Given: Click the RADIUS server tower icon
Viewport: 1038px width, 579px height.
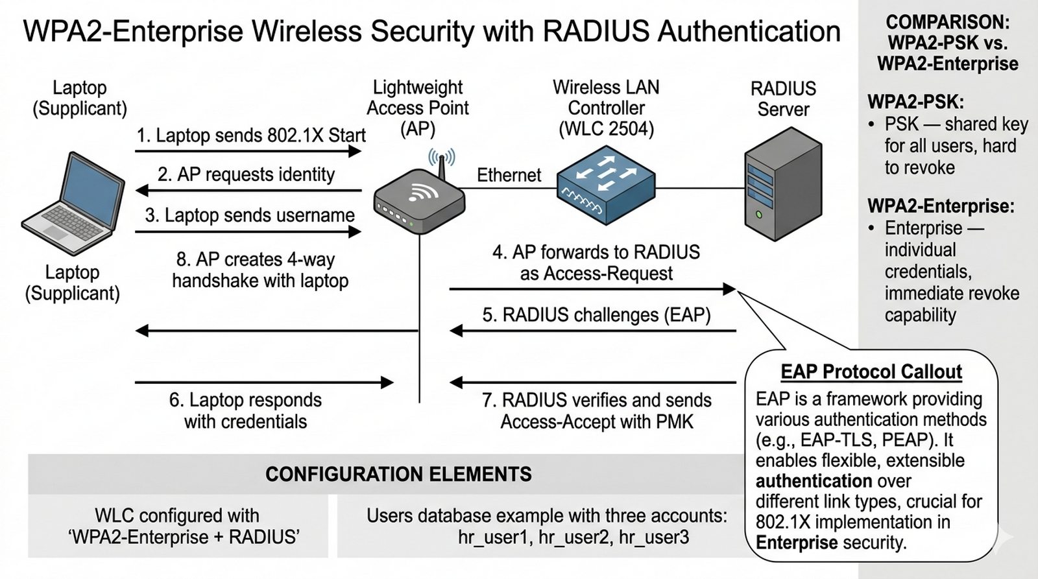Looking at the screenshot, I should click(x=783, y=185).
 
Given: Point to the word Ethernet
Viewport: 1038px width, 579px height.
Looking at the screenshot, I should click(x=509, y=175).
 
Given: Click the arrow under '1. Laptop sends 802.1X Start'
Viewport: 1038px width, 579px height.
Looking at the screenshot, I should click(x=248, y=151).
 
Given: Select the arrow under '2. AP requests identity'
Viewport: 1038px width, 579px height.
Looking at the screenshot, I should click(x=248, y=191).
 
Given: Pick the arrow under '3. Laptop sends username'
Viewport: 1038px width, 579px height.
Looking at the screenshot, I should click(x=248, y=231).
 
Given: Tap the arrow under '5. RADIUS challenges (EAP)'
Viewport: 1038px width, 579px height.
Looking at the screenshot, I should click(x=593, y=331).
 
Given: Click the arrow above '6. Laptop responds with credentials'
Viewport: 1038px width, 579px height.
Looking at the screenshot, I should click(x=264, y=383).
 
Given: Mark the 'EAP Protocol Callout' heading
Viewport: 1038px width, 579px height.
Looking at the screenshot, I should click(x=871, y=372).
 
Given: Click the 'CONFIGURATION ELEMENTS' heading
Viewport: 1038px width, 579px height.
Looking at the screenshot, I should click(x=398, y=475).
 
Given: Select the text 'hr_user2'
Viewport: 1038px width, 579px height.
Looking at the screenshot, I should click(x=573, y=537).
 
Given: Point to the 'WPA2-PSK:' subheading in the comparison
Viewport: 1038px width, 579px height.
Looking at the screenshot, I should click(x=915, y=102).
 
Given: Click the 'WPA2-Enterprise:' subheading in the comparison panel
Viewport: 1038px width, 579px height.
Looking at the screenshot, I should click(x=941, y=206).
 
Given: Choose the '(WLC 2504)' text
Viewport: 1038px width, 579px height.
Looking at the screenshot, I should click(x=606, y=129).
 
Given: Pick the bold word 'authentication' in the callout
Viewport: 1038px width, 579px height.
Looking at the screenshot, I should click(x=814, y=481).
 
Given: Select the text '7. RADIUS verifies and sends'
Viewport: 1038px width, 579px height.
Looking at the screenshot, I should click(x=596, y=401).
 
